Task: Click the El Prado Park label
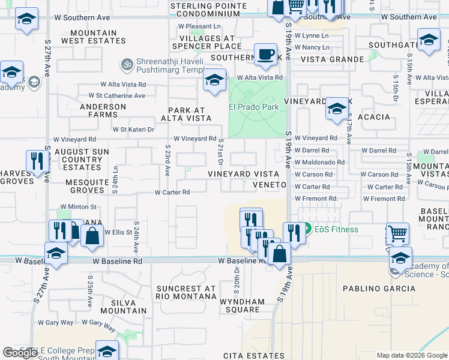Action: (254, 107)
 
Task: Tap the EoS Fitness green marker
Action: (307, 229)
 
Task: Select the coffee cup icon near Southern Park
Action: (265, 55)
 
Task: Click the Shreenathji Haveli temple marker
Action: (127, 63)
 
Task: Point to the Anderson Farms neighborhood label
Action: (103, 107)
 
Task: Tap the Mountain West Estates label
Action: (94, 37)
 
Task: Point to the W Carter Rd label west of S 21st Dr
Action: (172, 193)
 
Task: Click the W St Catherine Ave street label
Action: (117, 95)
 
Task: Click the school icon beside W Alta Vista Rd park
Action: (214, 80)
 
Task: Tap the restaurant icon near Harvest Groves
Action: (37, 161)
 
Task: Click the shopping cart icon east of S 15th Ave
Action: (398, 233)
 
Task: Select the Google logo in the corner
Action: (20, 353)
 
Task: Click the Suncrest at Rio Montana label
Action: (185, 292)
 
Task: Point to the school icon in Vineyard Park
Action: (337, 109)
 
